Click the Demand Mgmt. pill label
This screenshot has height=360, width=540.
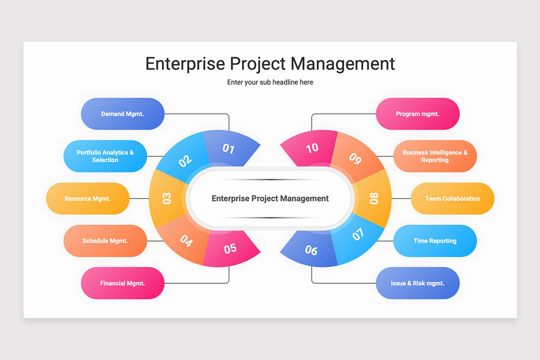pyautogui.click(x=122, y=114)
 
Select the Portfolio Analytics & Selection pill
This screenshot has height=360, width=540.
pyautogui.click(x=105, y=156)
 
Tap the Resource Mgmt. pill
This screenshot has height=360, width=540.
pyautogui.click(x=88, y=198)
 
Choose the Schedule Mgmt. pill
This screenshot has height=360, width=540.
pyautogui.click(x=105, y=241)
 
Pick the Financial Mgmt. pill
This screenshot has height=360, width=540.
pyautogui.click(x=122, y=283)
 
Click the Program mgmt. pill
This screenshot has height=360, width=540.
pyautogui.click(x=418, y=114)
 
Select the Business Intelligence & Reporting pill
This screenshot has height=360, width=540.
pyautogui.click(x=435, y=156)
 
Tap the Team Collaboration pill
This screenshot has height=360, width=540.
pyautogui.click(x=453, y=198)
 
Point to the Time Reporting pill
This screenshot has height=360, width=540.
pyautogui.click(x=435, y=241)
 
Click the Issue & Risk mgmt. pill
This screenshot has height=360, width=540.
pyautogui.click(x=418, y=283)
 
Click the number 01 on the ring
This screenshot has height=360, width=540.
pyautogui.click(x=228, y=148)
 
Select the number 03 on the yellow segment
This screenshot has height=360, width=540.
pyautogui.click(x=166, y=198)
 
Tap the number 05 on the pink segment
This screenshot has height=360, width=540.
pyautogui.click(x=230, y=248)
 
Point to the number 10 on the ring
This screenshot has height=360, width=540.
pyautogui.click(x=312, y=148)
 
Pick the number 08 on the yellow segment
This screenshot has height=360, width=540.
pyautogui.click(x=374, y=198)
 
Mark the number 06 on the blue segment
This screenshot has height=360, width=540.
pyautogui.click(x=311, y=250)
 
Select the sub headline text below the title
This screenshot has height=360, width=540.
pyautogui.click(x=270, y=82)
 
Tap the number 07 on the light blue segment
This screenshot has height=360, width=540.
pyautogui.click(x=358, y=234)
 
